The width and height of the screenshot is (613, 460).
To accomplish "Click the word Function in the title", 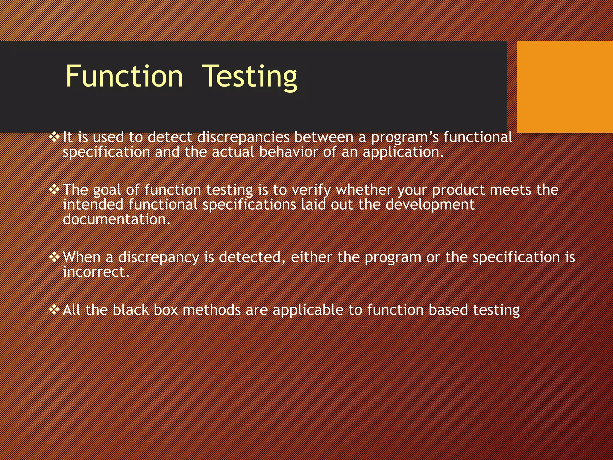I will pos(124,76).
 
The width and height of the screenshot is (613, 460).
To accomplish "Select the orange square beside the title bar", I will pos(565,87).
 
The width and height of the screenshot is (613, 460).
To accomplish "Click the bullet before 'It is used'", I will pos(54,137).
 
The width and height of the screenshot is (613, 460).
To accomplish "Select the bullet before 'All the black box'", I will pos(54,310).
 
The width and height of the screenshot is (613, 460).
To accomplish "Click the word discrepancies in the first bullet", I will pos(243,137).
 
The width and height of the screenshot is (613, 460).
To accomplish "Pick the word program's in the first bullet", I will pos(405,137).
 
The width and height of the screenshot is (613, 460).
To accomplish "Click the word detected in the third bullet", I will pos(250,257).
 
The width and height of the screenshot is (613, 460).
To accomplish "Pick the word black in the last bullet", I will pos(131,310).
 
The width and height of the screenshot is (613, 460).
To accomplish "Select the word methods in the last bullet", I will pos(212,310).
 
